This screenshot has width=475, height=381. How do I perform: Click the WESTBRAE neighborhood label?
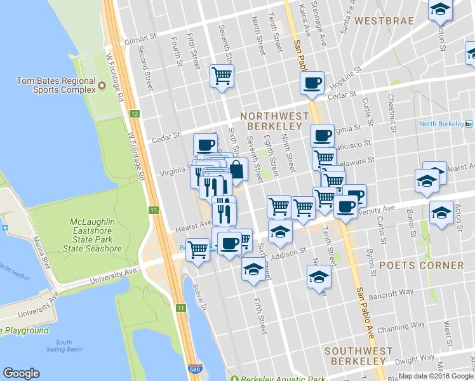pos(384,21)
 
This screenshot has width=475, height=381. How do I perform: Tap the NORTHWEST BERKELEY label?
pos(274,122)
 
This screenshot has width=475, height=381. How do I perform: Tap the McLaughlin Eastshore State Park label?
pos(95,235)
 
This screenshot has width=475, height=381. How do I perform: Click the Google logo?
pos(21,373)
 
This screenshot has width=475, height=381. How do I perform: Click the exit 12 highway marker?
pos(134,114)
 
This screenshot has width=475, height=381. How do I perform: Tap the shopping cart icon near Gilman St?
pos(222,77)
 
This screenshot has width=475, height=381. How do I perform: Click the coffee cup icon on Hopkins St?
pos(312,83)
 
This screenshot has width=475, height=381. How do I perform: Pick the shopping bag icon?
pos(236,170)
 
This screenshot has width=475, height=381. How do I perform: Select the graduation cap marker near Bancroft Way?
pos(319,277)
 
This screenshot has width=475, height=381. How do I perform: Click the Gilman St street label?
pos(140,39)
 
